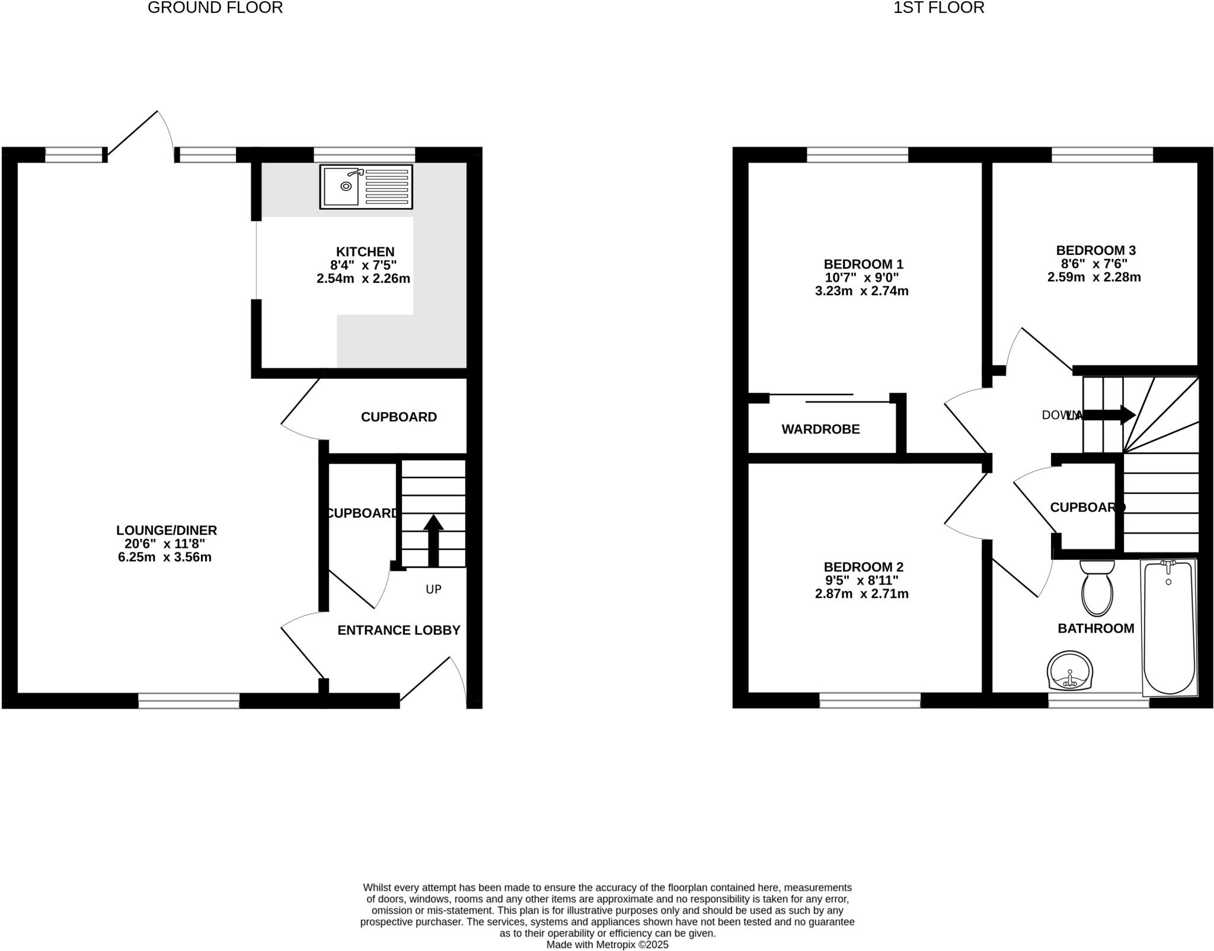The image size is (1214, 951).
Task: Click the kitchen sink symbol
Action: click(366, 187)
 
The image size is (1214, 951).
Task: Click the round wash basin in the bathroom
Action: click(1070, 672)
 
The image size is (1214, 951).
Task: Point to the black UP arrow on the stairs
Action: click(433, 540)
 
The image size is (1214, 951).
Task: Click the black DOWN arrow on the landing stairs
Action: click(1109, 415)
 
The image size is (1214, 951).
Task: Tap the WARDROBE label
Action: click(820, 429)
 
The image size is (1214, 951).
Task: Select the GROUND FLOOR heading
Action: click(215, 8)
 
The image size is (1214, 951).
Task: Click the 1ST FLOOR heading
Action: click(939, 8)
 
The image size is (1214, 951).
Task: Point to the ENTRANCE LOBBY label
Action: click(399, 630)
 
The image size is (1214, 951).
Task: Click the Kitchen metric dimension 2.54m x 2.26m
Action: click(363, 279)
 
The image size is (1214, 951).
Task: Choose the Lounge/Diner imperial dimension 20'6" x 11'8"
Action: click(165, 544)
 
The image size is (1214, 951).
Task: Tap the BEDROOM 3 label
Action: click(1095, 250)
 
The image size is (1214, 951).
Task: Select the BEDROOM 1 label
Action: click(863, 264)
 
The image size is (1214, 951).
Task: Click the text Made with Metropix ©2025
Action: click(607, 944)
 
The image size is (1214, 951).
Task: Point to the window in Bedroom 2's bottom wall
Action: click(870, 700)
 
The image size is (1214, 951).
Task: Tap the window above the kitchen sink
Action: click(364, 155)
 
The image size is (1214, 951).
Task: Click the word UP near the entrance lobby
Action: click(433, 589)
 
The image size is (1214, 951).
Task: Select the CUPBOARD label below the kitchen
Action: click(399, 417)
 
